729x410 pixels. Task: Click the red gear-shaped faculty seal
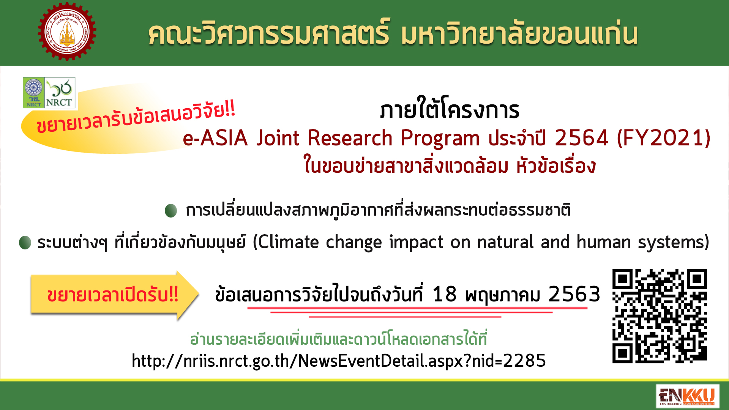(x=67, y=32)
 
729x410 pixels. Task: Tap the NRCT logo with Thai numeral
(x=60, y=93)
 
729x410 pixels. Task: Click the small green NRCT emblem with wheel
(x=34, y=93)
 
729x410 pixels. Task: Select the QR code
(x=660, y=316)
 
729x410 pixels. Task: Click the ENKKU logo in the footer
(x=688, y=396)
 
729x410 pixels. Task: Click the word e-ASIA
(x=215, y=138)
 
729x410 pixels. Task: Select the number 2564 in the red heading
(x=581, y=138)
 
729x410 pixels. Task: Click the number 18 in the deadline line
(x=444, y=294)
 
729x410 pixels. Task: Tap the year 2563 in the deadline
(x=574, y=294)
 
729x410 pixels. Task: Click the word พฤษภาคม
(x=502, y=295)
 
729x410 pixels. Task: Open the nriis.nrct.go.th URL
(x=339, y=361)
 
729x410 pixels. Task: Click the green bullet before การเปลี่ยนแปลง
(x=171, y=210)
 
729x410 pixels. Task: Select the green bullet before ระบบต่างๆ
(x=25, y=243)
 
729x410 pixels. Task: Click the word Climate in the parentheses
(x=288, y=242)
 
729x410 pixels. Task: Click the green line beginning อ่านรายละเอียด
(x=338, y=338)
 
